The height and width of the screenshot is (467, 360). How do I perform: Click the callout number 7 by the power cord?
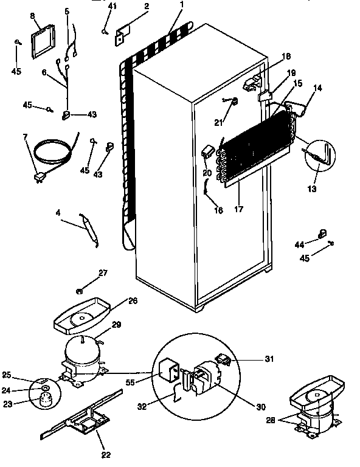(25, 137)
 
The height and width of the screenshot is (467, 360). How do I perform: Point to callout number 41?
(112, 7)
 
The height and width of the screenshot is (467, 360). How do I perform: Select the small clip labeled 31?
(224, 360)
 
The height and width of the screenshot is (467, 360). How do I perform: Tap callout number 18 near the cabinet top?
(287, 57)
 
